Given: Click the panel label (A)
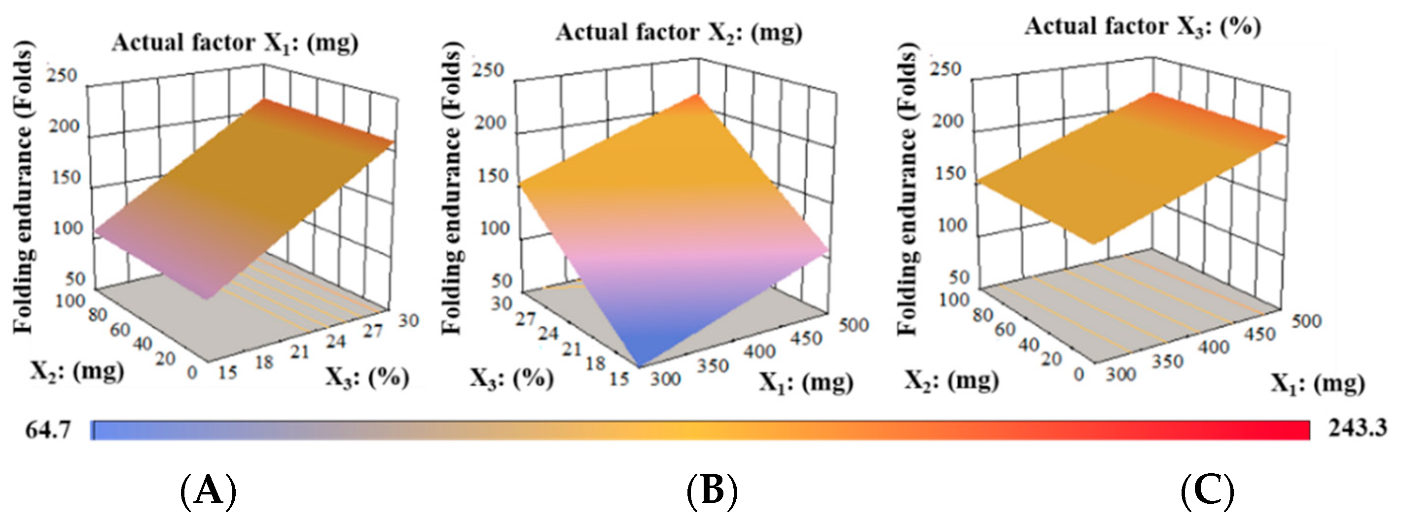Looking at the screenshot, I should (x=208, y=491).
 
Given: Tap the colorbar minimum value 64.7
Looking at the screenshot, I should (x=48, y=430).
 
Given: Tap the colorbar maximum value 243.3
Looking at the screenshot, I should (x=1358, y=428).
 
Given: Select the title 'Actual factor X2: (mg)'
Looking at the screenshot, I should (x=679, y=33).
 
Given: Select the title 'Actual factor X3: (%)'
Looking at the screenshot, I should (x=1143, y=27).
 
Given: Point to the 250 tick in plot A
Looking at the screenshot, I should (x=63, y=75).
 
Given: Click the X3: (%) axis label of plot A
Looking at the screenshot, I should (x=367, y=377).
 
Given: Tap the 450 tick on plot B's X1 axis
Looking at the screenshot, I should (x=805, y=339).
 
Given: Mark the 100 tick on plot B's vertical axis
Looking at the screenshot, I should (x=495, y=228).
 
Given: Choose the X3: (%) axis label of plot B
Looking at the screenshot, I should (x=511, y=378).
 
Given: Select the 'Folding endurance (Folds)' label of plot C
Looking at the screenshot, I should (x=906, y=188).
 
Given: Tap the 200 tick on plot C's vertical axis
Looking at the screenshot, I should (x=948, y=121).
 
